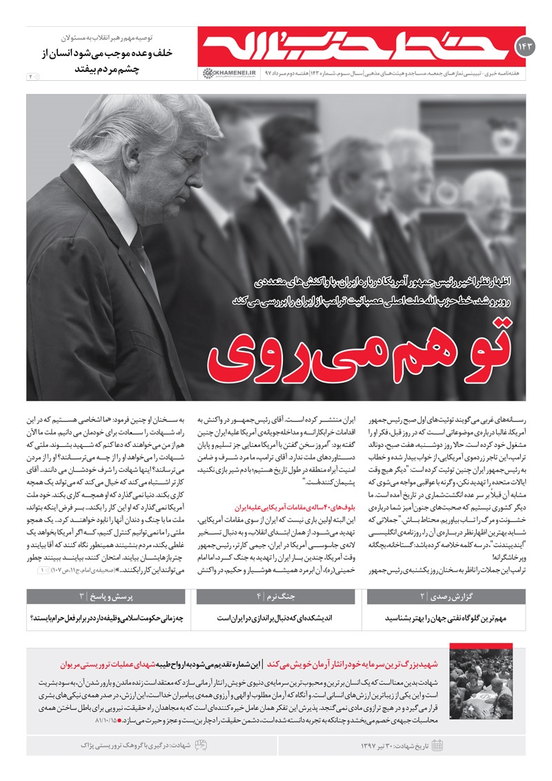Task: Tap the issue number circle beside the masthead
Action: [522, 47]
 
